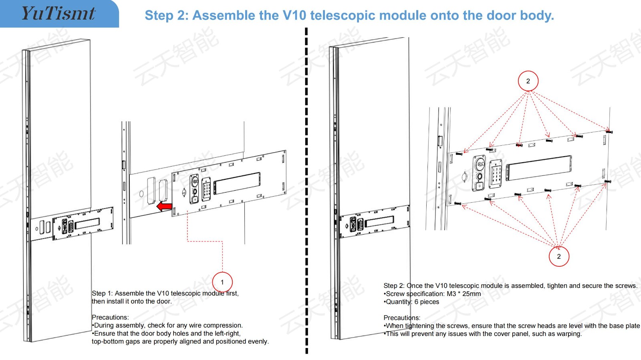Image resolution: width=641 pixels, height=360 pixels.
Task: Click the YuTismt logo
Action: point(58,14)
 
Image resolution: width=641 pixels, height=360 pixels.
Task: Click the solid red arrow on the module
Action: point(164,207)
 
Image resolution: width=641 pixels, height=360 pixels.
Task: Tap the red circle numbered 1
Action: point(222,282)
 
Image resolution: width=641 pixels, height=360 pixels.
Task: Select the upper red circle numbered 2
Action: point(528,81)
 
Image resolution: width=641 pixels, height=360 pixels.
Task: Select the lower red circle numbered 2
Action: point(559,256)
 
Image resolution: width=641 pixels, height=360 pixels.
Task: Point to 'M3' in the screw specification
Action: point(451,294)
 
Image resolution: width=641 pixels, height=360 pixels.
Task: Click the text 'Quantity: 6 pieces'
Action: point(412,302)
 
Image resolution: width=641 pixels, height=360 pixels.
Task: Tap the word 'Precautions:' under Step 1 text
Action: point(110,317)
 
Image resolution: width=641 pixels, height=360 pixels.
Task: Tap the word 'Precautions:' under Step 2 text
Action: point(402,318)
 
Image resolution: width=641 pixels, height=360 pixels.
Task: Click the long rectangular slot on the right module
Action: point(539,168)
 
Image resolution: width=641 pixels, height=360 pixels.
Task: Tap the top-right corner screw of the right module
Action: point(609,131)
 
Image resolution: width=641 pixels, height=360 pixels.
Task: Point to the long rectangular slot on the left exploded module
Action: point(237,183)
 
